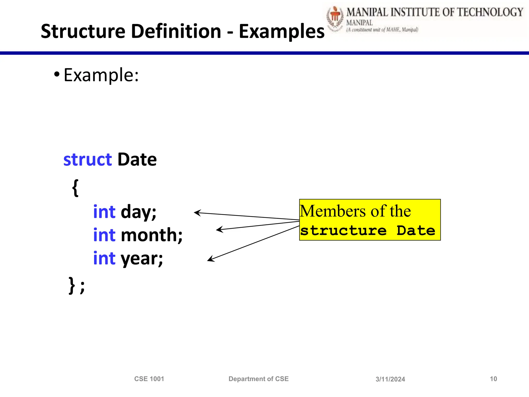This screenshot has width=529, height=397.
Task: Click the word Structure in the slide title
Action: pos(83,31)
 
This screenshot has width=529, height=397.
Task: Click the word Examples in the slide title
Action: pos(282,32)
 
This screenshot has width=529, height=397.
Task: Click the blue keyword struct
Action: pos(88,159)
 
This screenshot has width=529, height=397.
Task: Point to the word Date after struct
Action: pos(137,159)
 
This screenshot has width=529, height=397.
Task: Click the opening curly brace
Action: pos(75,188)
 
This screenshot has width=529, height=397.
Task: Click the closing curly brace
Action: pos(72,285)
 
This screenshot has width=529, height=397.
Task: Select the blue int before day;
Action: pos(104,212)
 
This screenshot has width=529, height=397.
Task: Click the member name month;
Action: pos(152,235)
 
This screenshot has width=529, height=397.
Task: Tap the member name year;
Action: pos(142,258)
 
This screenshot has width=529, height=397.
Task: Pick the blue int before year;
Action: pos(104,258)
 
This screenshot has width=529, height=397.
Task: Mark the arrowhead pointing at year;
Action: pos(210,259)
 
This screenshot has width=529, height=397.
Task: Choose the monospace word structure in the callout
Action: pos(343,230)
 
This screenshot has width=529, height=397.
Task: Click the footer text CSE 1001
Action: pos(149,379)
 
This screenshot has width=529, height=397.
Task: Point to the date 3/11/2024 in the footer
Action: pos(390,379)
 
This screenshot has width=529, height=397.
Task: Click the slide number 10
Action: pos(493,379)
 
